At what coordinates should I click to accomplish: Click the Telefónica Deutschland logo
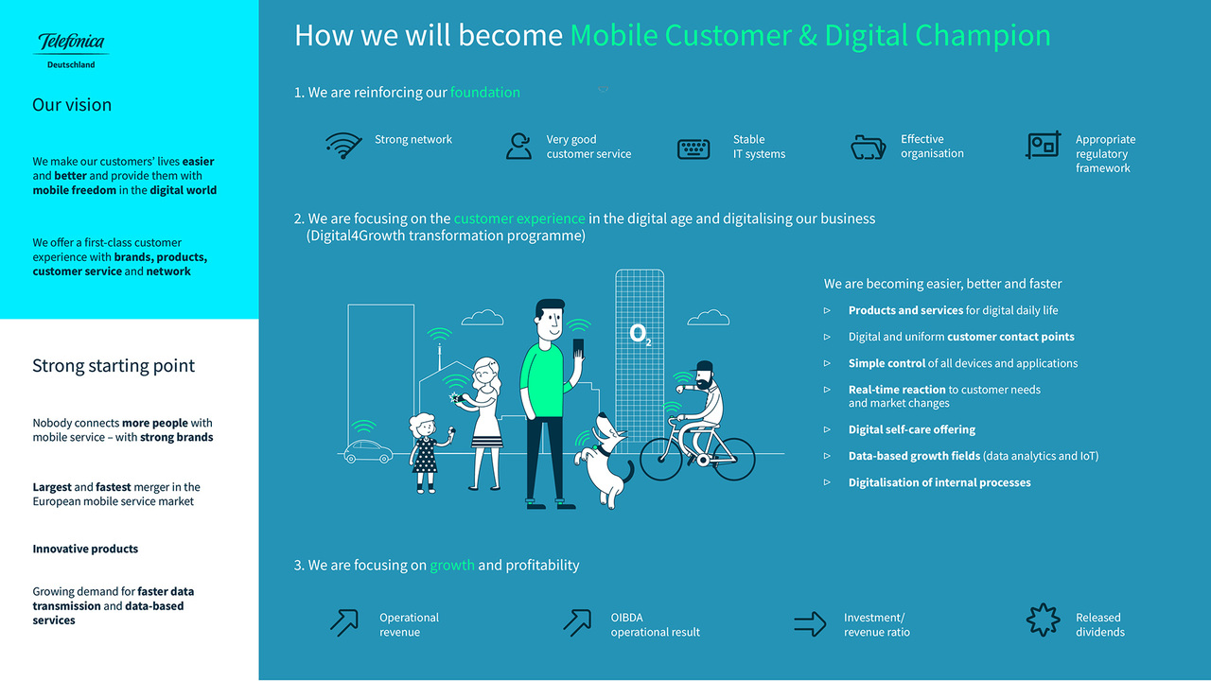(x=71, y=50)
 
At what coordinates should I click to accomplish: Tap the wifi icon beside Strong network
(x=343, y=145)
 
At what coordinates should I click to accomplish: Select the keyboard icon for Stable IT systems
(x=693, y=148)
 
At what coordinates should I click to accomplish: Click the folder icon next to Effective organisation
(x=869, y=147)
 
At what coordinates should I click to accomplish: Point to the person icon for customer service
(x=519, y=146)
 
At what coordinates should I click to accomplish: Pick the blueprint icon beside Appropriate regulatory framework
(x=1043, y=145)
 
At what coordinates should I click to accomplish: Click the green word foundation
(x=485, y=93)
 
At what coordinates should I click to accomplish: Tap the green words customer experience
(x=519, y=218)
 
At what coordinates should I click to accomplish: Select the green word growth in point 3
(x=452, y=566)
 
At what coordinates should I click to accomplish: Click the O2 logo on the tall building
(x=641, y=335)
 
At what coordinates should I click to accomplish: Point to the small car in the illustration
(x=368, y=451)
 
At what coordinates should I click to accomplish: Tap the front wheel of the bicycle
(x=660, y=460)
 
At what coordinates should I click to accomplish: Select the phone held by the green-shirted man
(x=578, y=347)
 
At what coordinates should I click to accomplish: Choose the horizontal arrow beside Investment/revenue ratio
(x=810, y=624)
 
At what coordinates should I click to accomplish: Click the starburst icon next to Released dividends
(x=1043, y=620)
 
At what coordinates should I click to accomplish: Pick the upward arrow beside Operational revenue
(x=344, y=622)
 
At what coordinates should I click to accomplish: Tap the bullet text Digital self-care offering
(x=911, y=429)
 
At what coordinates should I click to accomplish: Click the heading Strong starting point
(x=114, y=366)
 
